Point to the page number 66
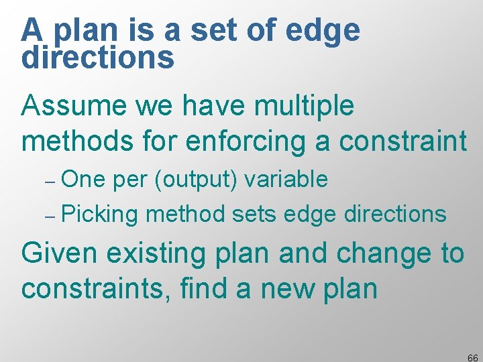pos(472,357)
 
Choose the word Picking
pos(99,215)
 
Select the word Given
pos(56,253)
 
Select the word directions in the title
pos(98,58)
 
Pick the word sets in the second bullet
pos(254,215)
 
